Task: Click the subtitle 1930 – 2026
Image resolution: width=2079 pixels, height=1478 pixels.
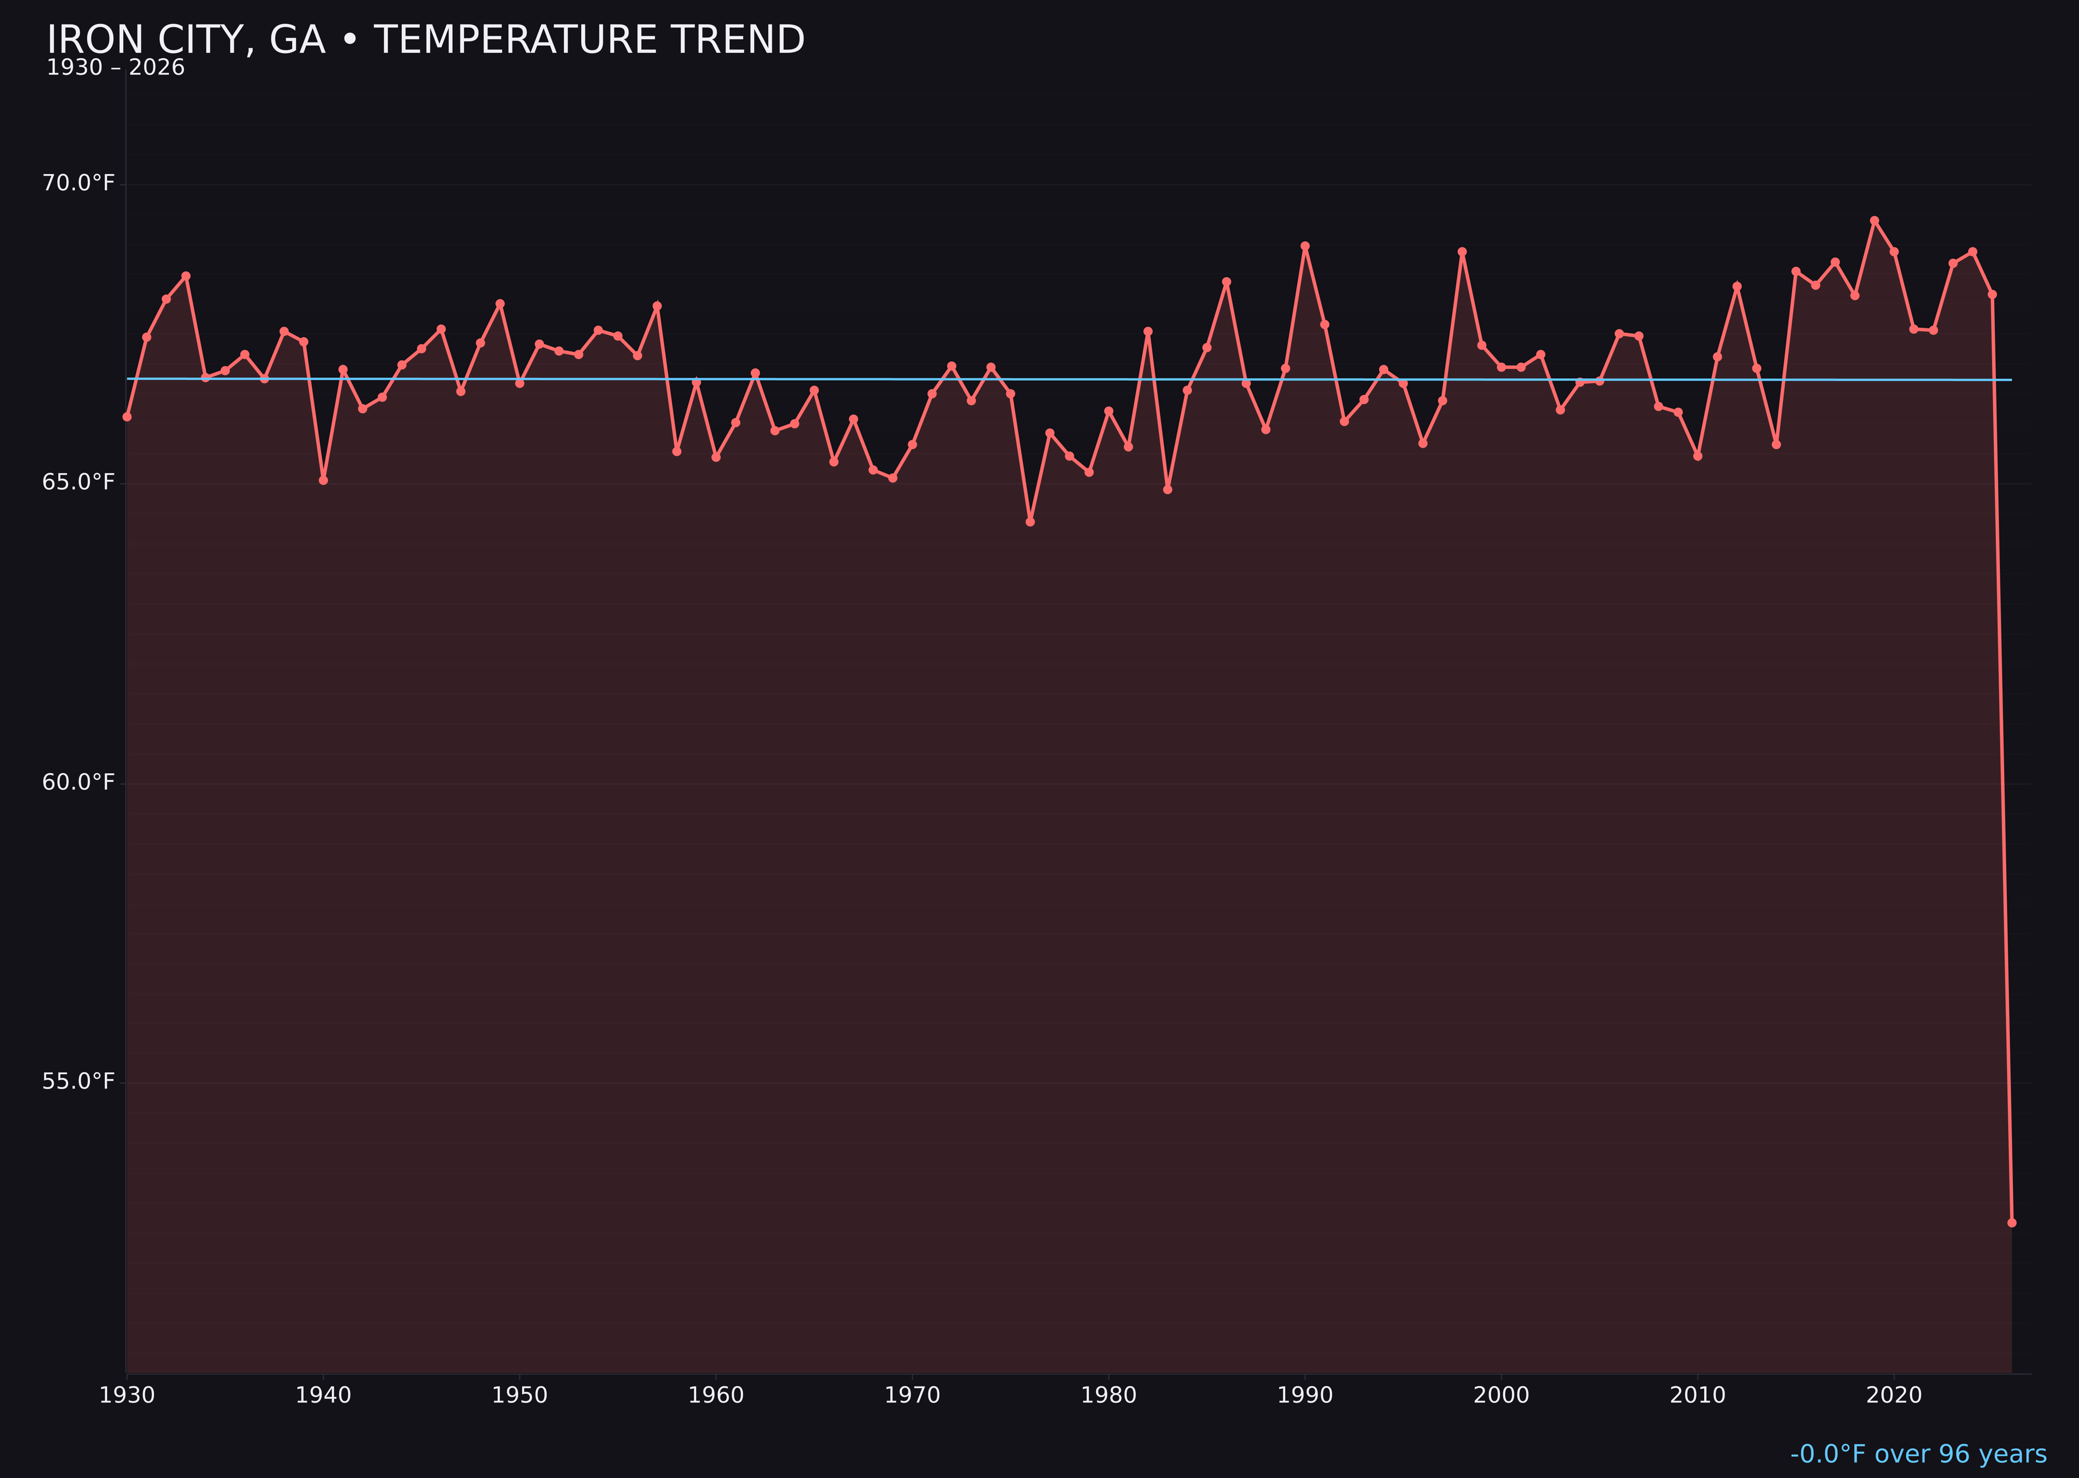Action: [x=115, y=68]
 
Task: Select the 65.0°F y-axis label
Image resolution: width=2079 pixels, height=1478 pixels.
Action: [x=78, y=482]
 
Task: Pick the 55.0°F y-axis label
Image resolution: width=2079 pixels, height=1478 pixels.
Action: [x=78, y=1081]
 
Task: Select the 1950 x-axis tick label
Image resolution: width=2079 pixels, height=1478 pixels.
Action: [x=520, y=1396]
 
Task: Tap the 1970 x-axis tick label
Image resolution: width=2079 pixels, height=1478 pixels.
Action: [x=912, y=1396]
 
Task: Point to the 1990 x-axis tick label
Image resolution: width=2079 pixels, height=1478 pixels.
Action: [x=1305, y=1396]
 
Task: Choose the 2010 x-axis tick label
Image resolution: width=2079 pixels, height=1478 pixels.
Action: [x=1698, y=1396]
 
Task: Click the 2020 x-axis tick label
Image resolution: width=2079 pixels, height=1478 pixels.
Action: [x=1894, y=1396]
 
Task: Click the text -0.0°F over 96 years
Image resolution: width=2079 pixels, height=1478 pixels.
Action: [x=1918, y=1454]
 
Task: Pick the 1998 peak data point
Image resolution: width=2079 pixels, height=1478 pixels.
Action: [x=1462, y=252]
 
